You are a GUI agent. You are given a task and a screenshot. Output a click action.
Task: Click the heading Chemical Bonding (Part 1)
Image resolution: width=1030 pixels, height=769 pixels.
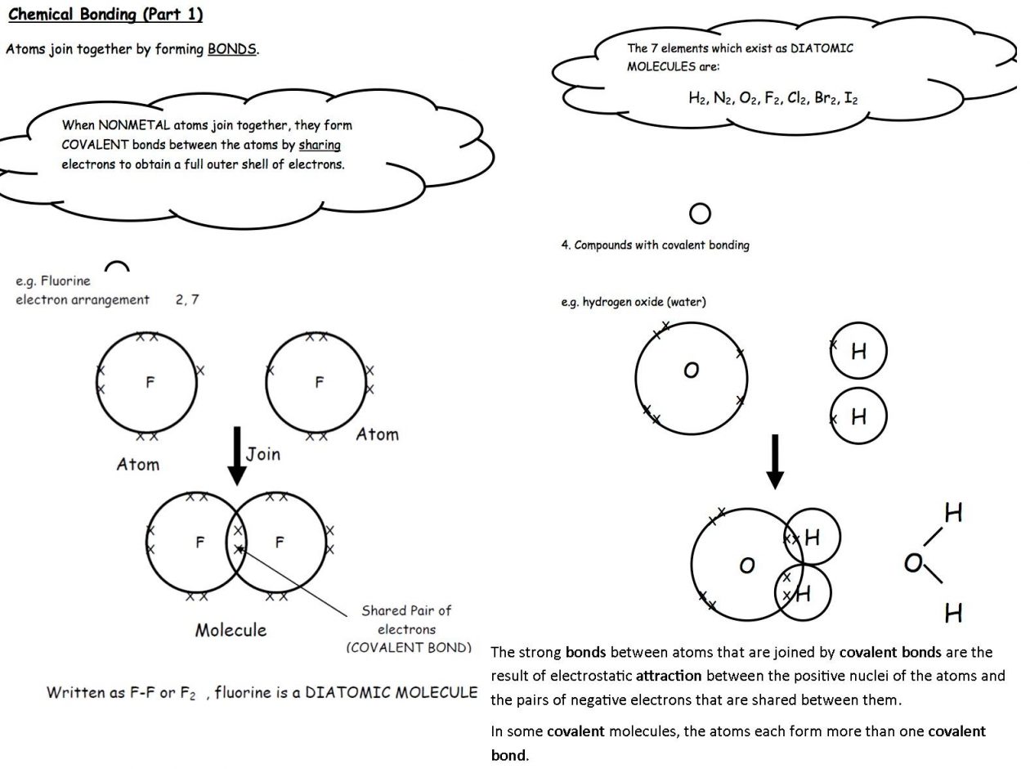pos(105,15)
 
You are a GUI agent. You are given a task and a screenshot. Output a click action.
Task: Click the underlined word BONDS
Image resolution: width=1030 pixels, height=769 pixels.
pos(232,49)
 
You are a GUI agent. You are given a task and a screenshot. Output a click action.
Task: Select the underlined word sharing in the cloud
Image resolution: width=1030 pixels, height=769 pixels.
pos(320,145)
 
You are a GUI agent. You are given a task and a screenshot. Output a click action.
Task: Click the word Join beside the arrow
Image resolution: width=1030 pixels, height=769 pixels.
pos(263,454)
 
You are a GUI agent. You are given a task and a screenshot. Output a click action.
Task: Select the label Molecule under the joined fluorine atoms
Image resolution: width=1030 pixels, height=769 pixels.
pos(231,630)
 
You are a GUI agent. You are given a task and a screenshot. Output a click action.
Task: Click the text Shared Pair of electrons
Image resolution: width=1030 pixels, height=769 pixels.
pos(406,620)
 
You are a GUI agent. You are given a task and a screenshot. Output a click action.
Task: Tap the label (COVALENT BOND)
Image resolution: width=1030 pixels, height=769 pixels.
pos(409,648)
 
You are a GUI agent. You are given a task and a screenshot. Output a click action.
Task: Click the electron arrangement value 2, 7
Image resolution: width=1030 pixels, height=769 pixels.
pos(187,299)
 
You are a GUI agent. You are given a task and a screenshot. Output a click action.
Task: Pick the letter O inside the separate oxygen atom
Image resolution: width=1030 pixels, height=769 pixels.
pos(691,371)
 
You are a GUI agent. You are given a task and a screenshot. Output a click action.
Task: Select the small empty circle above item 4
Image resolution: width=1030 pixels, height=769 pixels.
pos(700,214)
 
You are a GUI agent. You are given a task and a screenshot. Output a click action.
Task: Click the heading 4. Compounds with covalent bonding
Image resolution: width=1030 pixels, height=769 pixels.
pos(655,245)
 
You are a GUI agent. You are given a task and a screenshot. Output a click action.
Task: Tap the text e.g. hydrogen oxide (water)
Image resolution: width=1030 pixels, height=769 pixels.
pos(633,302)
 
